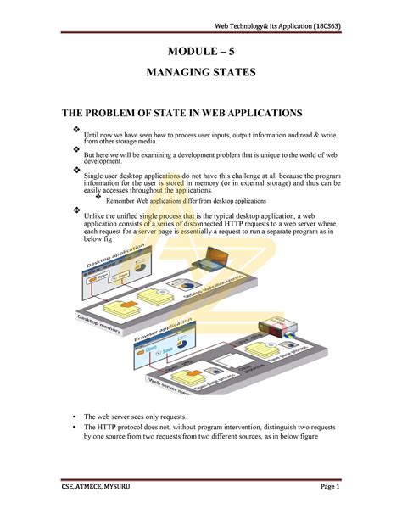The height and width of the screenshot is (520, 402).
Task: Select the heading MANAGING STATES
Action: tap(201, 74)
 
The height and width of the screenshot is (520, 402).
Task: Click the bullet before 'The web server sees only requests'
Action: tap(75, 418)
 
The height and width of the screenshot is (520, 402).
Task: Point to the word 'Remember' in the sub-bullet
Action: tap(120, 201)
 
